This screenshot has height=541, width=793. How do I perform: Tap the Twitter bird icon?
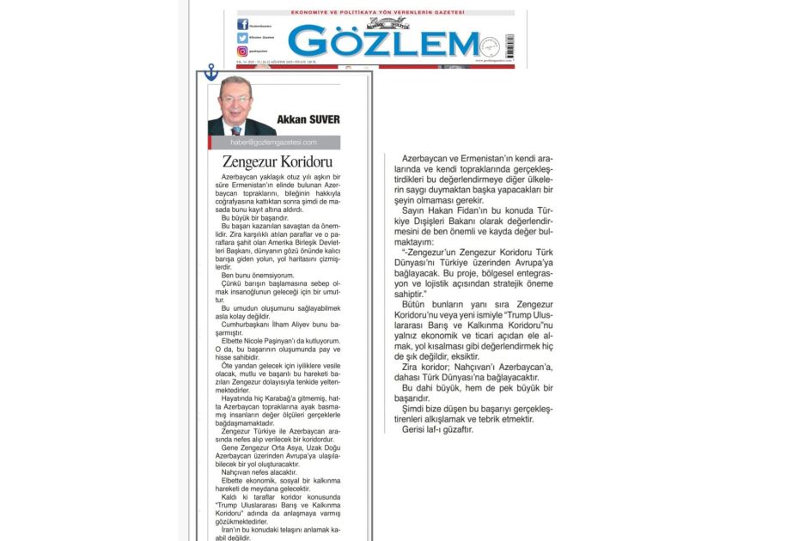(242, 38)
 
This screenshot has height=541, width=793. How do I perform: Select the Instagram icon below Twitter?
(242, 52)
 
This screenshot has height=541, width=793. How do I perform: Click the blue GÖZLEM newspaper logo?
(383, 42)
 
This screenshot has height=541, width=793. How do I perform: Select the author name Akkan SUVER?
(308, 119)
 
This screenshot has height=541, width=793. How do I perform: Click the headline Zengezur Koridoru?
(265, 161)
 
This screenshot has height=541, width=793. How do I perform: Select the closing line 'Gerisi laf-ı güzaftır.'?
(437, 429)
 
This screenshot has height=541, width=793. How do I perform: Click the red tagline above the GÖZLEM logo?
(376, 12)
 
